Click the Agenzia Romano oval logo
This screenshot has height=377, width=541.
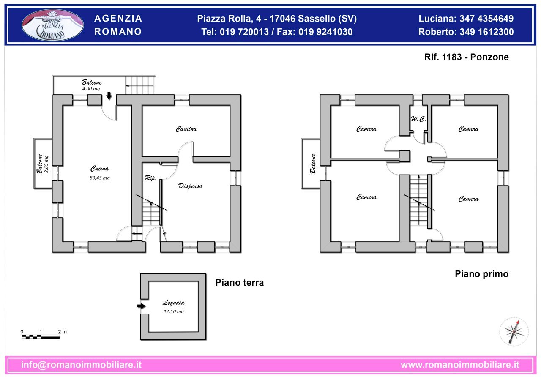coord(53,25)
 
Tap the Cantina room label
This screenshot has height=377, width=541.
coord(186,129)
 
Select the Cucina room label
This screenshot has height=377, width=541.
coord(100,169)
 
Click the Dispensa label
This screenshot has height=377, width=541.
coord(190,186)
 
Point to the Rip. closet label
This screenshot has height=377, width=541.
coord(150,178)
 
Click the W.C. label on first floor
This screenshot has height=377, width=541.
coord(418,120)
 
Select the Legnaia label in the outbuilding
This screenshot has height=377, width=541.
coord(173,303)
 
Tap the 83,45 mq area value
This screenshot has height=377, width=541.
coord(100,178)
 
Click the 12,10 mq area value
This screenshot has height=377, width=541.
coord(173,311)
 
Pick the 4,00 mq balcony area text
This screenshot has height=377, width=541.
coord(91,89)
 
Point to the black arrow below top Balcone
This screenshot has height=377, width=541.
coord(109,96)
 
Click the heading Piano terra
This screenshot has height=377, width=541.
coord(239,283)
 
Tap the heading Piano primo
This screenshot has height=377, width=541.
coord(481,274)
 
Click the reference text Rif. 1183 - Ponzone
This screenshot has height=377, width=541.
coord(466,57)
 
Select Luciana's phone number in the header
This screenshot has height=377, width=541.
coord(466,19)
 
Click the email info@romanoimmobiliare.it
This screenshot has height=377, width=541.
coord(81,365)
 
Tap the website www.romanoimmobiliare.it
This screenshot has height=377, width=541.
coord(459,365)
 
